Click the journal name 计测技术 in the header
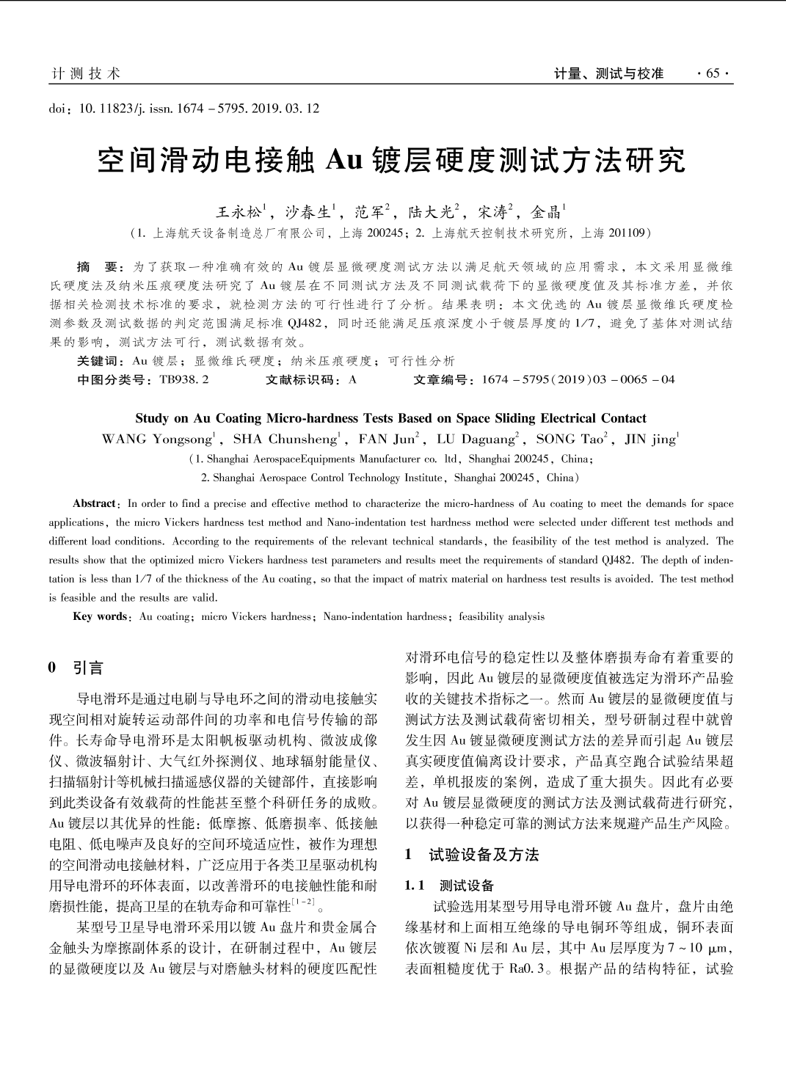pos(85,73)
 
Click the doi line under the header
pos(184,109)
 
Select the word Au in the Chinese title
pos(344,160)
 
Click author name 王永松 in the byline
pos(239,213)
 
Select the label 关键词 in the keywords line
pos(100,361)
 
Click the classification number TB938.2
pos(183,379)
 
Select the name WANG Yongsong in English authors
pos(156,439)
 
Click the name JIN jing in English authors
pos(649,439)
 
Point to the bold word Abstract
pos(95,504)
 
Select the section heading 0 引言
pos(76,668)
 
